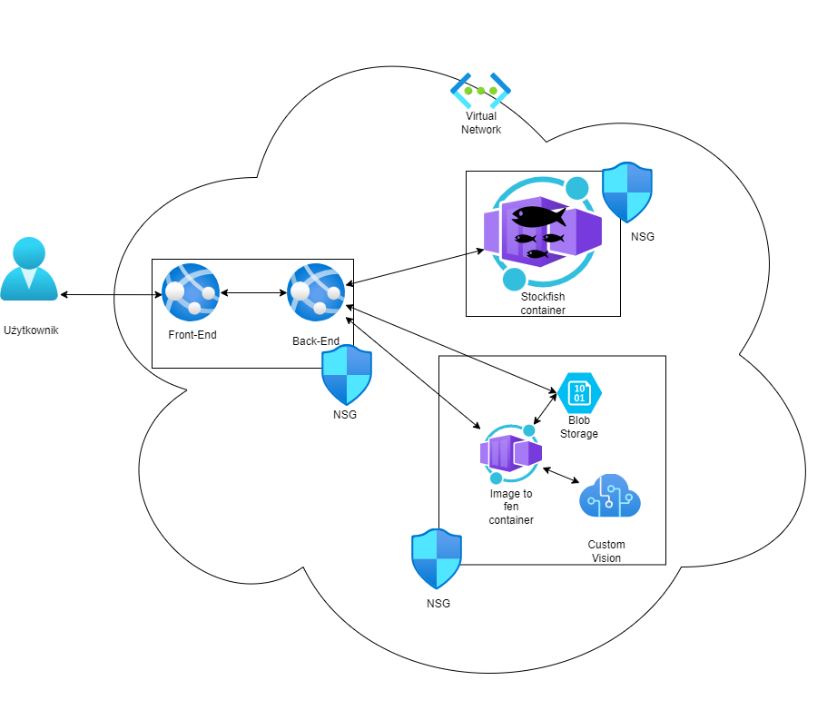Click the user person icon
(x=29, y=269)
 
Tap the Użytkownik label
(x=31, y=330)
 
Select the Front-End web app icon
(x=191, y=292)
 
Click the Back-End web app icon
(x=316, y=292)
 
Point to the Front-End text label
(x=192, y=335)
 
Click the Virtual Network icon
(x=480, y=90)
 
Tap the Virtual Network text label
(x=481, y=123)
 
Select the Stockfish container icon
(x=543, y=232)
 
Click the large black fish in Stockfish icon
(x=538, y=217)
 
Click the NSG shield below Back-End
(x=347, y=375)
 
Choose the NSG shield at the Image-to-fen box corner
(x=437, y=558)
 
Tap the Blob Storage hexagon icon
(x=579, y=393)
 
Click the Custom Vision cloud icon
(x=610, y=496)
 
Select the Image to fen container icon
(x=511, y=454)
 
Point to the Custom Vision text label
(x=606, y=551)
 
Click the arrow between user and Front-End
(x=111, y=294)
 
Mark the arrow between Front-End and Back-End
(x=253, y=292)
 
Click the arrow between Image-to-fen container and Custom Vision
(x=561, y=476)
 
